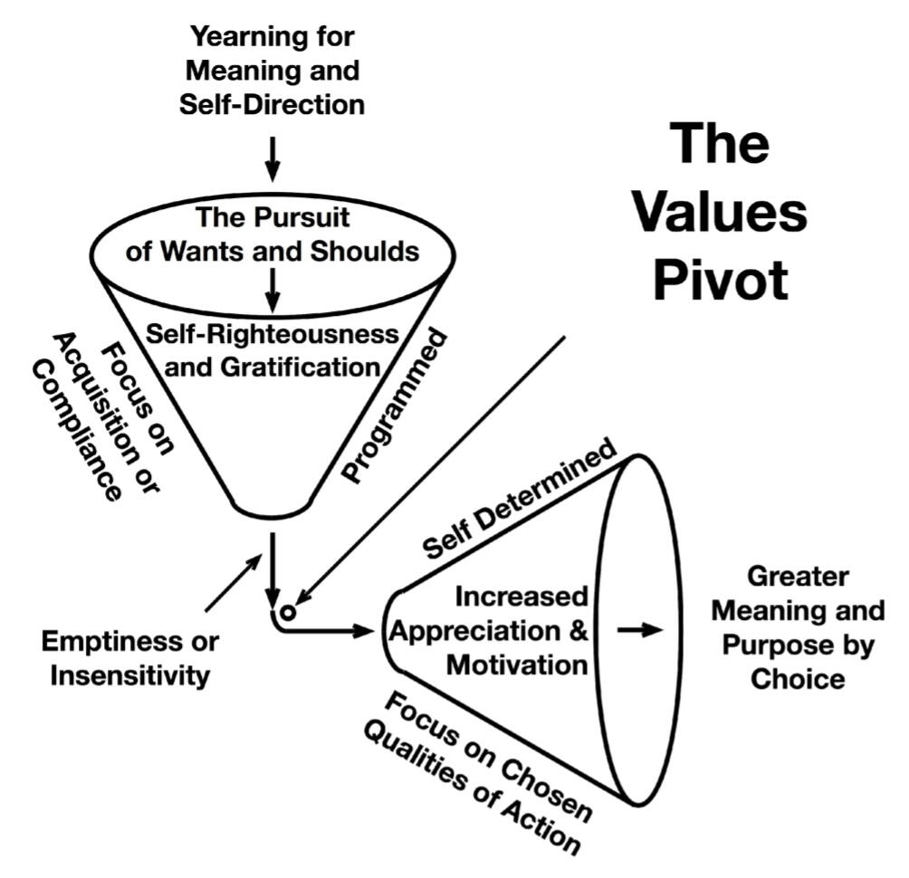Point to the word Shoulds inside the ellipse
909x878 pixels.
click(371, 253)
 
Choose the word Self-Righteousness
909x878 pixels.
click(273, 334)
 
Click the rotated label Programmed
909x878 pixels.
click(396, 405)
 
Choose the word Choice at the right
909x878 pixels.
click(797, 678)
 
